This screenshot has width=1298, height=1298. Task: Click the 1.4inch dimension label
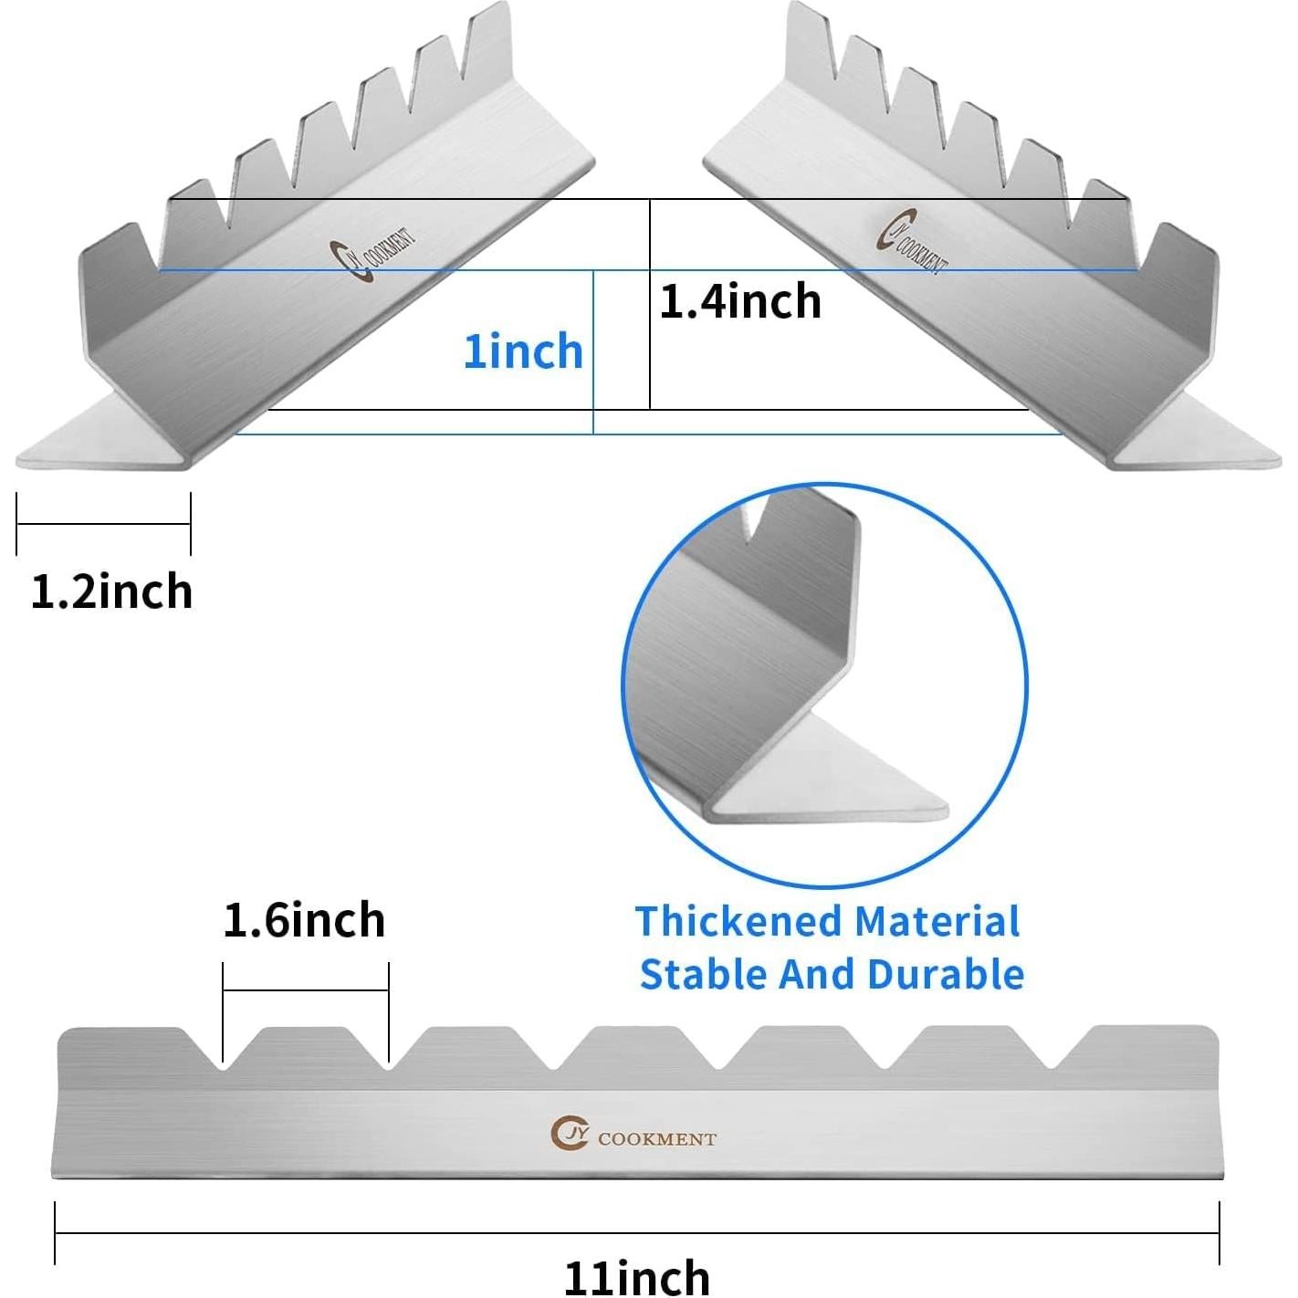(740, 301)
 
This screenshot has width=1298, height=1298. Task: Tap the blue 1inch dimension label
(523, 351)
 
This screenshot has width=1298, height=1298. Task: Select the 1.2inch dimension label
(111, 591)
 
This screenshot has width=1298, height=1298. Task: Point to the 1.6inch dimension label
(304, 920)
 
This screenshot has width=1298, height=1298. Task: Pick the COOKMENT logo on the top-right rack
(914, 241)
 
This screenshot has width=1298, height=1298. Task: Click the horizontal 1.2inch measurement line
(103, 525)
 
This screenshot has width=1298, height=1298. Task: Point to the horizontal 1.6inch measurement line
(306, 989)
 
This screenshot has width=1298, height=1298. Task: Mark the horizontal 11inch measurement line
(636, 1233)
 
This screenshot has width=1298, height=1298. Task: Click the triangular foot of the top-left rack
(100, 442)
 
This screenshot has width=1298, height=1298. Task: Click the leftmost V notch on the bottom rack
(222, 1059)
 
